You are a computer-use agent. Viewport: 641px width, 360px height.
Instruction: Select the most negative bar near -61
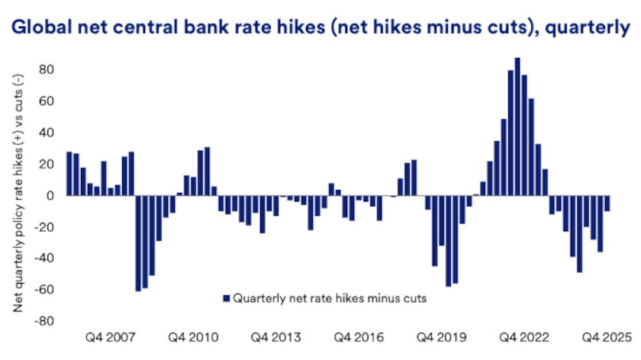[138, 243]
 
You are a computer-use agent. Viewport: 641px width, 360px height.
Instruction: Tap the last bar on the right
[607, 204]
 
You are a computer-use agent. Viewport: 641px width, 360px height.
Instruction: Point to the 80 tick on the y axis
[48, 70]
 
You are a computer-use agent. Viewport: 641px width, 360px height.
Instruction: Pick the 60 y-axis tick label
[48, 101]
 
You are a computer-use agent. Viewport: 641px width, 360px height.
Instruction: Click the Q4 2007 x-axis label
[110, 337]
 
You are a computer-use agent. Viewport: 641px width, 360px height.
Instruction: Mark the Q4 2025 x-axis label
[606, 337]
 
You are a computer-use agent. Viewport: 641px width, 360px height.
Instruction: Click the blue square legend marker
[225, 299]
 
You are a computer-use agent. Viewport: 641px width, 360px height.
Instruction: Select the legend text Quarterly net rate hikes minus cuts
[329, 299]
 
